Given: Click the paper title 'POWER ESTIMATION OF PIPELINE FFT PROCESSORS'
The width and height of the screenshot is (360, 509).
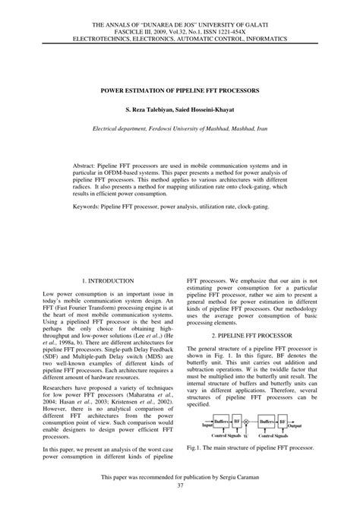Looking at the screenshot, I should tap(180, 90).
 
